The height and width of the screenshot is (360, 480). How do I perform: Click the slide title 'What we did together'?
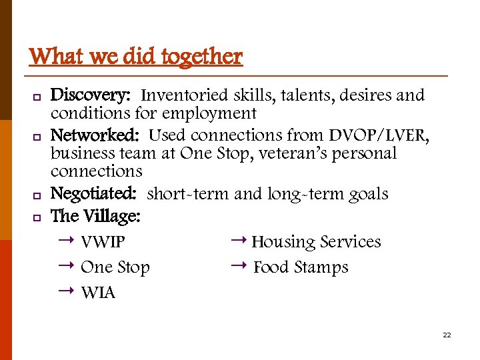click(x=136, y=56)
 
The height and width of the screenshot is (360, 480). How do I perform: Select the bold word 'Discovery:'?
click(x=92, y=95)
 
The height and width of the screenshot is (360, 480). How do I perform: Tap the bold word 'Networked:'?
click(x=95, y=135)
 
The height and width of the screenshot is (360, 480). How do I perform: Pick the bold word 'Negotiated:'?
click(x=94, y=194)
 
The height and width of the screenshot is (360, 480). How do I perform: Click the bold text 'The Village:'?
click(x=95, y=216)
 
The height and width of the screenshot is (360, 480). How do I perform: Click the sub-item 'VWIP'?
click(x=103, y=242)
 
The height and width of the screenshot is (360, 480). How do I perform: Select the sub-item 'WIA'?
click(x=98, y=293)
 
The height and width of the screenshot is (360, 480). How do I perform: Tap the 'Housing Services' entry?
click(x=316, y=242)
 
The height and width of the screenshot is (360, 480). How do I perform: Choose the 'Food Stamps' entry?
click(x=301, y=267)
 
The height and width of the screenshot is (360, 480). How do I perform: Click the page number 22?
click(x=447, y=335)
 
